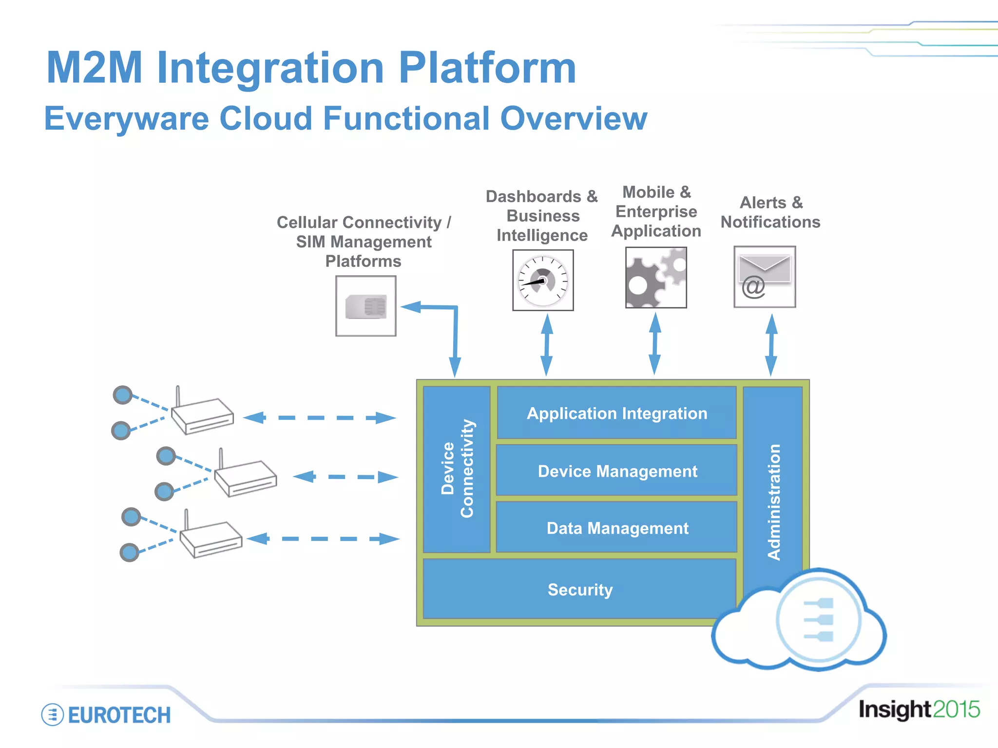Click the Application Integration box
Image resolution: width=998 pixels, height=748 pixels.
(x=616, y=413)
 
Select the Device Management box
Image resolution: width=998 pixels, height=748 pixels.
(x=616, y=471)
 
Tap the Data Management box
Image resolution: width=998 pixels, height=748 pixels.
(x=616, y=528)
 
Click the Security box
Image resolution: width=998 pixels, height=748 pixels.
(x=579, y=589)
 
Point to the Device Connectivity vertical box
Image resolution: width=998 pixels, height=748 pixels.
(x=457, y=469)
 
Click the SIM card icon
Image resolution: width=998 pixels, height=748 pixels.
(x=366, y=306)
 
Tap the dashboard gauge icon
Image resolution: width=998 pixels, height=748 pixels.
(x=543, y=280)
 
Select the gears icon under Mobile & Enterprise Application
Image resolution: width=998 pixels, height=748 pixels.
(x=656, y=278)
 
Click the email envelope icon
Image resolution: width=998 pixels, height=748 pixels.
(x=765, y=277)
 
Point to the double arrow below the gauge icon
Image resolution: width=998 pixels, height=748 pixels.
(x=547, y=345)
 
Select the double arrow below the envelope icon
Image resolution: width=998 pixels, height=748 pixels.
(x=771, y=345)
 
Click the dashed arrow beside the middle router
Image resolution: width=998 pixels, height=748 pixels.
(x=345, y=477)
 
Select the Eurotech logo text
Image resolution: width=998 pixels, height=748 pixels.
(x=119, y=715)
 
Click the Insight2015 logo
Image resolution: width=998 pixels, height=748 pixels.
(x=919, y=709)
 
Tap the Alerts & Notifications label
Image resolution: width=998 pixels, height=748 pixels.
(x=770, y=212)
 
